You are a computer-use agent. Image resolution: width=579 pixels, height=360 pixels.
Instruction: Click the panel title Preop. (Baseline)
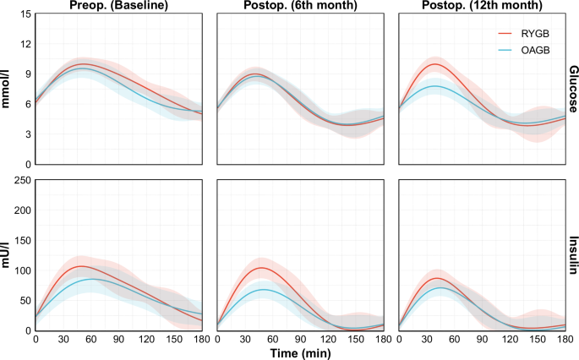118,7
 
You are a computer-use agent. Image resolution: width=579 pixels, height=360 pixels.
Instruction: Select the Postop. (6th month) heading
300,7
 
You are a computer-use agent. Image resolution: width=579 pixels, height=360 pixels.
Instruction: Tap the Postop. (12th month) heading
483,7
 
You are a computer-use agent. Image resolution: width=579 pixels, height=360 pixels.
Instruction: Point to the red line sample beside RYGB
505,34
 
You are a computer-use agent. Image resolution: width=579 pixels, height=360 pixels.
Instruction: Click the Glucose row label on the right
573,90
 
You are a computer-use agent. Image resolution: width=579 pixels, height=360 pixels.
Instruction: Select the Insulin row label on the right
573,255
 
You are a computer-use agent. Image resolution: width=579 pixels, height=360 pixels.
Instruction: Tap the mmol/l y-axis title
7,90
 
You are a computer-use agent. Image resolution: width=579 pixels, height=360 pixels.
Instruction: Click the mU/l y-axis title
7,255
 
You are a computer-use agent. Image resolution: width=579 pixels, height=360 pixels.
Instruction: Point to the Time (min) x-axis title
301,352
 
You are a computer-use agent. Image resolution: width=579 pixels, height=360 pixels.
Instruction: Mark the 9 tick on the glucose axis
26,74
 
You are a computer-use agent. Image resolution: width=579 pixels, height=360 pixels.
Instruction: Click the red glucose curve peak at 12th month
435,64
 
